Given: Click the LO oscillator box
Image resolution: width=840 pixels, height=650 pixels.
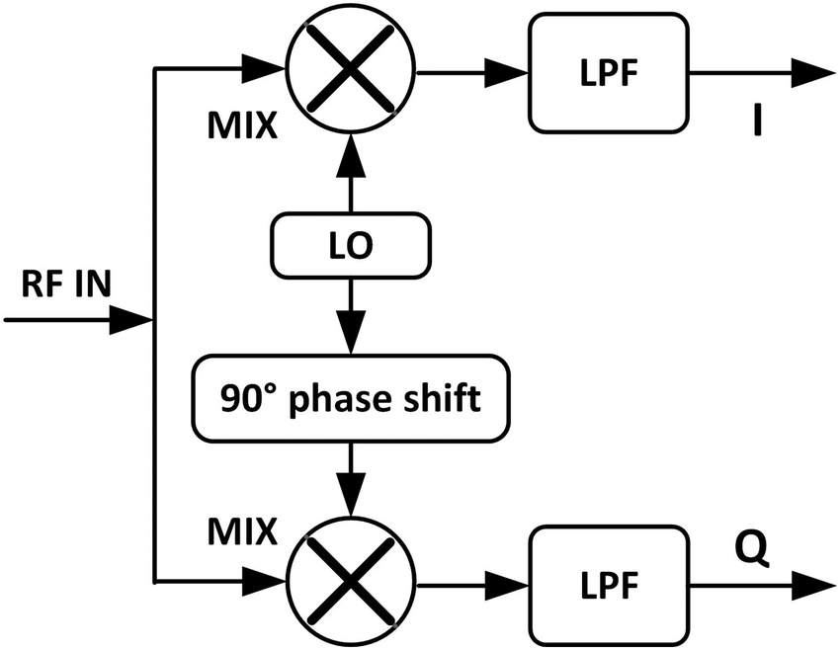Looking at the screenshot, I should point(351,246).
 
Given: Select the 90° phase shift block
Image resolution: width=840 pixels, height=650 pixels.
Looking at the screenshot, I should point(351,398).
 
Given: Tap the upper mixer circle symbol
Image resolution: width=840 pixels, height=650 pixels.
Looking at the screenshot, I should point(351,70).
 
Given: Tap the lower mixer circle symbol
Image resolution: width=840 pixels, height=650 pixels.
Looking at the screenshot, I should point(351,580).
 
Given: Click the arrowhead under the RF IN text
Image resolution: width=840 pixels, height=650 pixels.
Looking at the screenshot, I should point(128,320).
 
